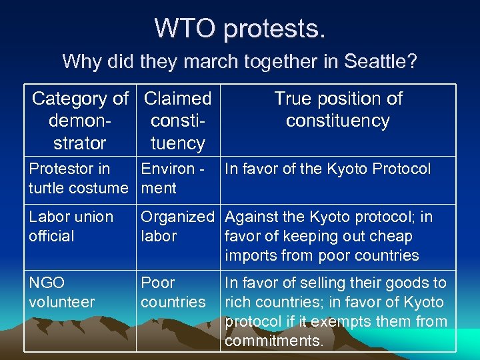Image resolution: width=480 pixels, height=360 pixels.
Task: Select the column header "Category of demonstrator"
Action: tap(80, 121)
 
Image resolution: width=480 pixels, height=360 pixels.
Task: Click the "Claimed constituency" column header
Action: tap(177, 121)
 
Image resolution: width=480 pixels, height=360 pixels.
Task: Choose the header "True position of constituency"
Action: tap(338, 110)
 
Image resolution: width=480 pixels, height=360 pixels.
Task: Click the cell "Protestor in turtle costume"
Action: tap(78, 179)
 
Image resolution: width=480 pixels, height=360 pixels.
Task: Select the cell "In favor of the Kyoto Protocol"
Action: tap(328, 169)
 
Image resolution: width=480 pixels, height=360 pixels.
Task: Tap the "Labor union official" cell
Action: tap(71, 227)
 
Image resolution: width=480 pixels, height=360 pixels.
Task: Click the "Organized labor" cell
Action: tap(177, 227)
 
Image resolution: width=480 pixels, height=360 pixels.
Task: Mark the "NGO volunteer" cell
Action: tap(62, 293)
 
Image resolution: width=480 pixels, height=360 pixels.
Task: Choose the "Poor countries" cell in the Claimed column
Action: tap(173, 293)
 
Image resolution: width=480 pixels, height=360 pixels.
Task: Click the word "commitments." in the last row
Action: tap(274, 341)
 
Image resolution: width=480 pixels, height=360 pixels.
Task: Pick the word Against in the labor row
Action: tap(250, 217)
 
